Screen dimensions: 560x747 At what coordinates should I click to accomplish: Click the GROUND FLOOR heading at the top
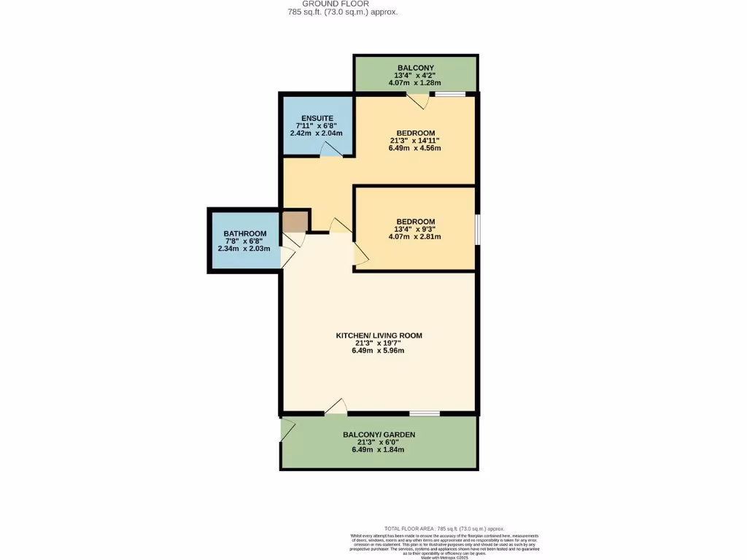(341, 4)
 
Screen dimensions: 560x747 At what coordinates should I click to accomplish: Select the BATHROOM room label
(244, 234)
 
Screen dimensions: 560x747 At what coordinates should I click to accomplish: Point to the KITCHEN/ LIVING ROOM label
(379, 335)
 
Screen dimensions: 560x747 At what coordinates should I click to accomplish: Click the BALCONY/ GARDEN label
(379, 435)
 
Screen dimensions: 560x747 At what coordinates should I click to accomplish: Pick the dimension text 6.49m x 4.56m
(415, 148)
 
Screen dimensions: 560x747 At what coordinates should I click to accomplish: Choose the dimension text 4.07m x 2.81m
(415, 236)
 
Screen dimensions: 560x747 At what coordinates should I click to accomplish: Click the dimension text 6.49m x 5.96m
(379, 350)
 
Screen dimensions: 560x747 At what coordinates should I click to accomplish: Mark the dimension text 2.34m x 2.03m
(244, 249)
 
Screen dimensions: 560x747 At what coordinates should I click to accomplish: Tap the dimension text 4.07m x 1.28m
(415, 82)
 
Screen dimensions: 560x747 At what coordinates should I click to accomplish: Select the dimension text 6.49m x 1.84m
(379, 449)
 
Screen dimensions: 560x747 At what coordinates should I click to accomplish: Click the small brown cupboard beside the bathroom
(295, 221)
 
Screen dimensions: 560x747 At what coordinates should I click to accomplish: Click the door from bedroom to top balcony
(417, 101)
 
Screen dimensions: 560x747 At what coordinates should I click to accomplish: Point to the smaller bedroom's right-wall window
(477, 229)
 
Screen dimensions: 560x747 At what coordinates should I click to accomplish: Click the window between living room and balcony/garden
(425, 413)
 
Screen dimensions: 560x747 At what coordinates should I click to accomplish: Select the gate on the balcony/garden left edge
(287, 430)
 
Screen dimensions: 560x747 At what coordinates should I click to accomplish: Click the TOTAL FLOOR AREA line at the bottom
(444, 529)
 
